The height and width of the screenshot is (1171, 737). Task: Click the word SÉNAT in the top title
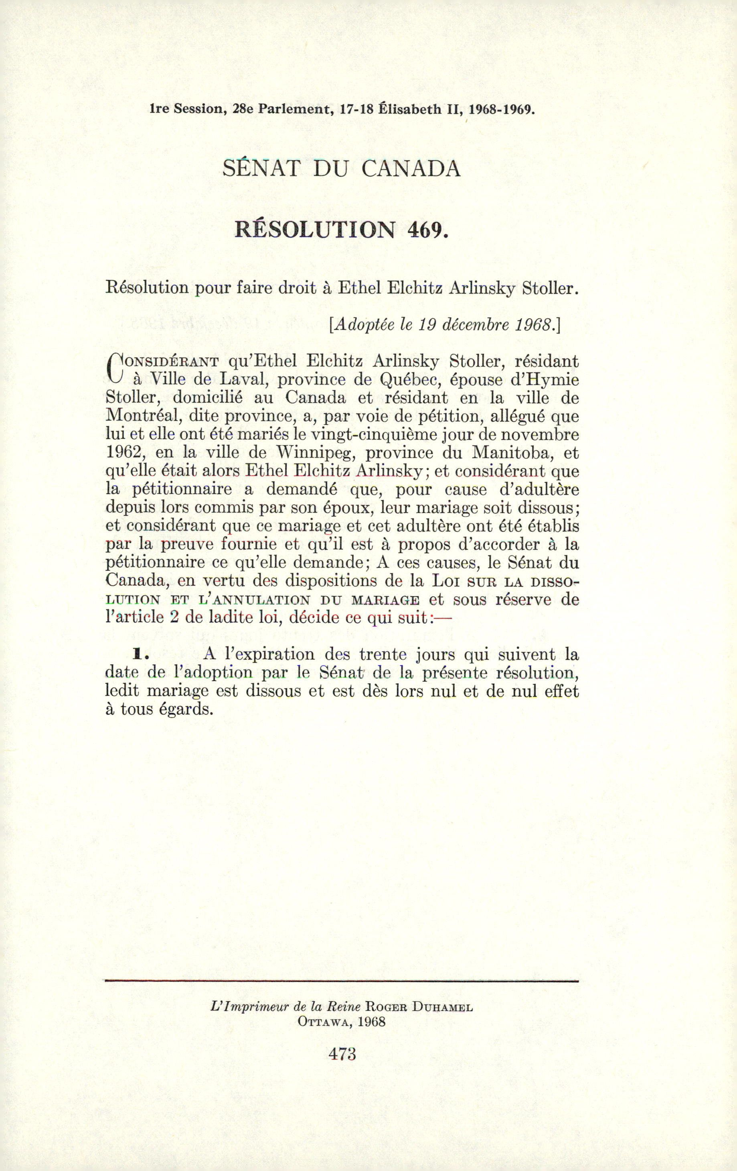262,168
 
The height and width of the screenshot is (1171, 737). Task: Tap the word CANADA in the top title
411,168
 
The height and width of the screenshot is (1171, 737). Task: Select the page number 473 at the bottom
342,1054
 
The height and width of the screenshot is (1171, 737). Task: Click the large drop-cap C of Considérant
114,368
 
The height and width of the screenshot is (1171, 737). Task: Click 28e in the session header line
243,109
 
